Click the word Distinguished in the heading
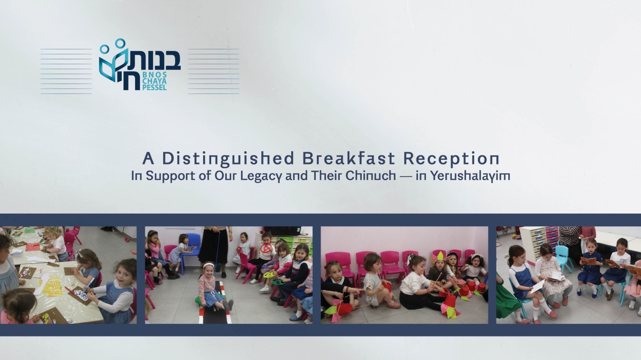click(x=228, y=159)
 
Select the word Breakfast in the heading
click(x=349, y=158)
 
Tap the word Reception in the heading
click(x=451, y=159)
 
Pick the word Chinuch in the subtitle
click(x=371, y=175)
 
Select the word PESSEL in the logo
click(x=155, y=87)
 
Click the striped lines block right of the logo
click(x=214, y=71)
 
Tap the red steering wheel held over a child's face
click(x=266, y=248)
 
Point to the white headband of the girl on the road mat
click(x=209, y=265)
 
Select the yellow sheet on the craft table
click(x=53, y=286)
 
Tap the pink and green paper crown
click(x=437, y=257)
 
